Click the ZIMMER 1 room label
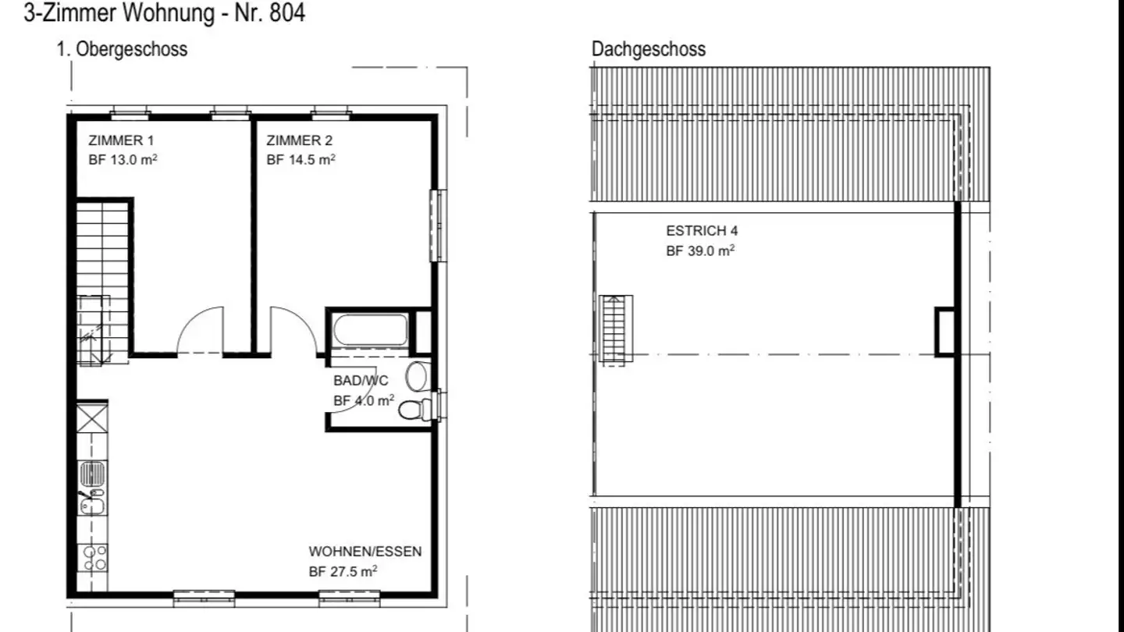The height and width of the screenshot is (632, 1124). [121, 140]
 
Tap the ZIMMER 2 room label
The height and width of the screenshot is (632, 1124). [300, 140]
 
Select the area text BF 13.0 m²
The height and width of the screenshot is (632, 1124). [123, 159]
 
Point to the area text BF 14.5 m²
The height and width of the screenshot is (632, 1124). [301, 159]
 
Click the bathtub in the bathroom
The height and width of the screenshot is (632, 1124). [371, 329]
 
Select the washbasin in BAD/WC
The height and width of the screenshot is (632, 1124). [417, 376]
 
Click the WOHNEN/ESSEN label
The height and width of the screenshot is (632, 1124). [365, 552]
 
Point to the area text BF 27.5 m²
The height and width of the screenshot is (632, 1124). [343, 571]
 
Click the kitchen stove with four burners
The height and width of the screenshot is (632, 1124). [93, 558]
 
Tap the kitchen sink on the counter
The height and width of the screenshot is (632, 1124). [92, 488]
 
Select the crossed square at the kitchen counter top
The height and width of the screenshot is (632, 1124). [92, 417]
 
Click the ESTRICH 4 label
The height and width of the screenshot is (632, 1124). [702, 231]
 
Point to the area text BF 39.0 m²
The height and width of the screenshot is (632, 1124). [700, 250]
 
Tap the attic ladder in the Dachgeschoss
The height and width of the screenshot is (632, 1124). [616, 328]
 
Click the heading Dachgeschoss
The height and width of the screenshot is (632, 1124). [649, 49]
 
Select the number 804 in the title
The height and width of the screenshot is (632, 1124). [287, 12]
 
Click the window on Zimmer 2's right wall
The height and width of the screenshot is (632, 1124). [439, 225]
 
